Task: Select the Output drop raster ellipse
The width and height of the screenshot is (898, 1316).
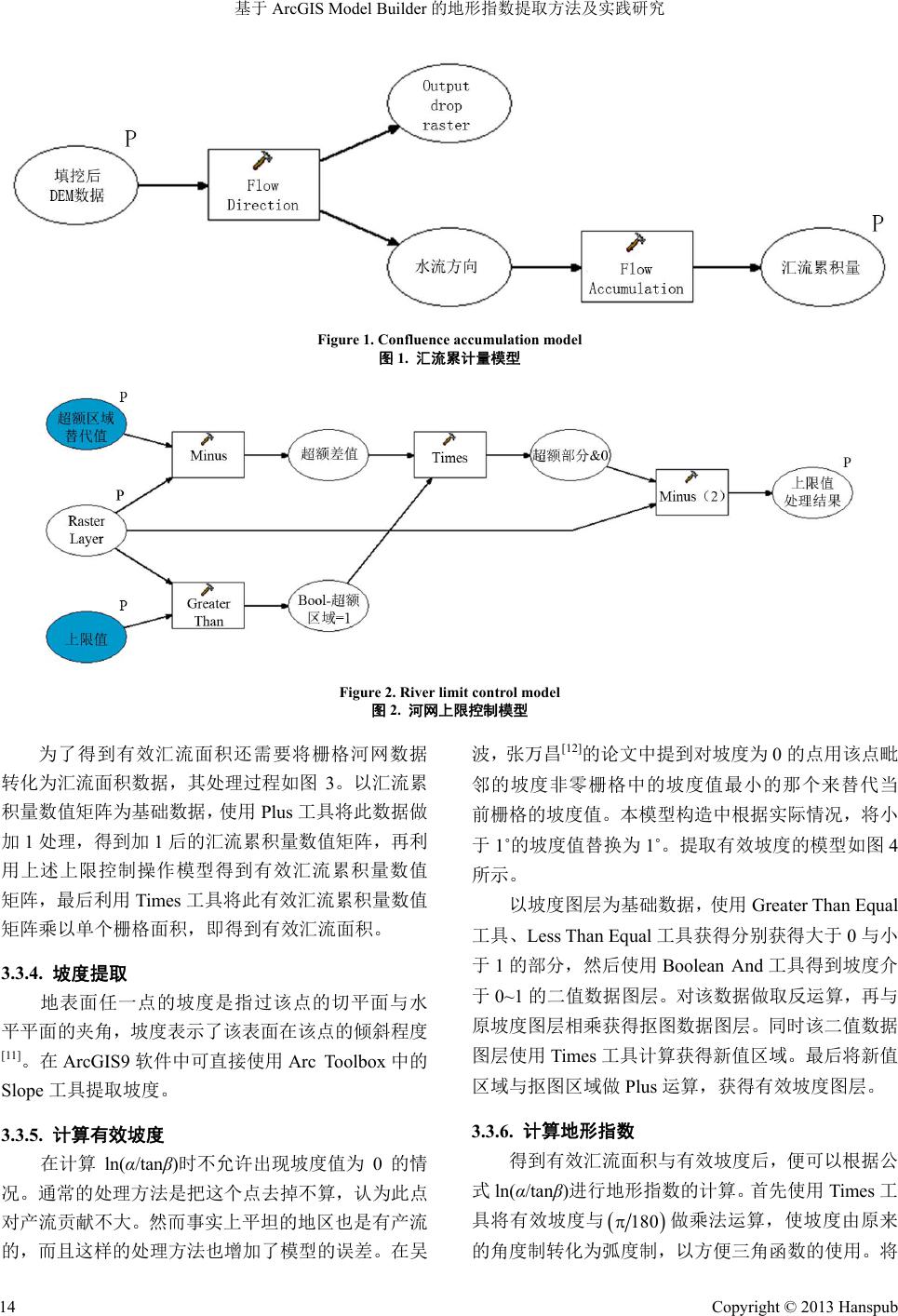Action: pyautogui.click(x=447, y=104)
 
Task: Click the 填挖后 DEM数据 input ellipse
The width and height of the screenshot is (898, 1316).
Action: pyautogui.click(x=77, y=185)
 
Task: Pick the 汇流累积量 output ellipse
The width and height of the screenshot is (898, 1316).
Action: pyautogui.click(x=820, y=267)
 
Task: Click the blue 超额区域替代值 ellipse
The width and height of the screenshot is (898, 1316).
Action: pyautogui.click(x=86, y=427)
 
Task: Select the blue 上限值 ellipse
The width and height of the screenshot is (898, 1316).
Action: pyautogui.click(x=86, y=638)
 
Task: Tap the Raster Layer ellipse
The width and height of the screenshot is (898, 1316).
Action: pyautogui.click(x=86, y=530)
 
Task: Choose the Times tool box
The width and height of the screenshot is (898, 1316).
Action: pyautogui.click(x=449, y=455)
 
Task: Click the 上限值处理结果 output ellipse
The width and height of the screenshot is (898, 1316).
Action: pyautogui.click(x=812, y=491)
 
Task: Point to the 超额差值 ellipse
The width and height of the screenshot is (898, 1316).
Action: pyautogui.click(x=328, y=454)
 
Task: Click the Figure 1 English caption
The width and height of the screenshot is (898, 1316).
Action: pyautogui.click(x=449, y=340)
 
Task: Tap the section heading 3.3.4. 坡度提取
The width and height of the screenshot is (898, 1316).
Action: pyautogui.click(x=64, y=974)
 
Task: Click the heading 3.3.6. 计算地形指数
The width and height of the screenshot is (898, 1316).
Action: pyautogui.click(x=553, y=1131)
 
